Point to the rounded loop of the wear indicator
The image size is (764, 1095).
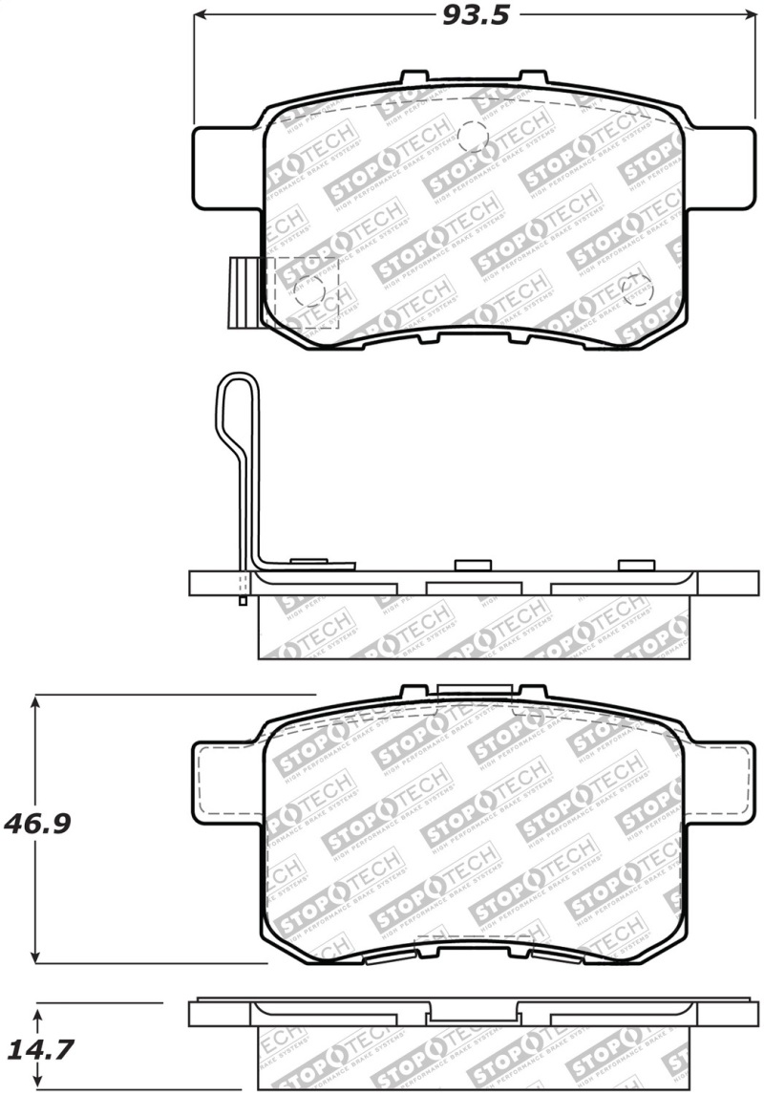237,401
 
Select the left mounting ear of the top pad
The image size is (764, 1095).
226,168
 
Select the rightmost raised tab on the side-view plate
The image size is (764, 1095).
632,565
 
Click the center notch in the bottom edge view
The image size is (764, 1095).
474,1013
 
